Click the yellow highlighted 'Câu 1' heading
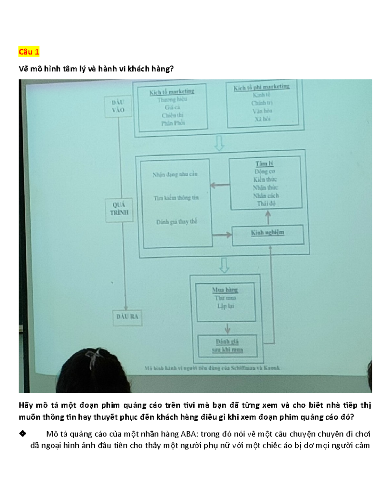click(x=29, y=52)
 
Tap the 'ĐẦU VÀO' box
click(x=118, y=106)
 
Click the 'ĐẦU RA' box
click(x=127, y=316)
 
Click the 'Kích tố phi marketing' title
click(x=261, y=87)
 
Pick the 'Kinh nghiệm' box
click(x=267, y=233)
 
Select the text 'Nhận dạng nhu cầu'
click(x=175, y=174)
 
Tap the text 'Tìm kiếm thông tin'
click(x=176, y=198)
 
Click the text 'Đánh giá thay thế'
click(x=176, y=222)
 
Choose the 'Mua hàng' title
click(x=225, y=290)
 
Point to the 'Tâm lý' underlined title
click(x=264, y=164)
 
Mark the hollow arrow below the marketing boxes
click(x=219, y=143)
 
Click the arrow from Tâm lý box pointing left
click(x=220, y=185)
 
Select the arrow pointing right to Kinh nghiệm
click(x=222, y=234)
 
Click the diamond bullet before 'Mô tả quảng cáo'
click(x=22, y=434)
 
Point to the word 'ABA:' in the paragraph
click(x=188, y=434)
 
